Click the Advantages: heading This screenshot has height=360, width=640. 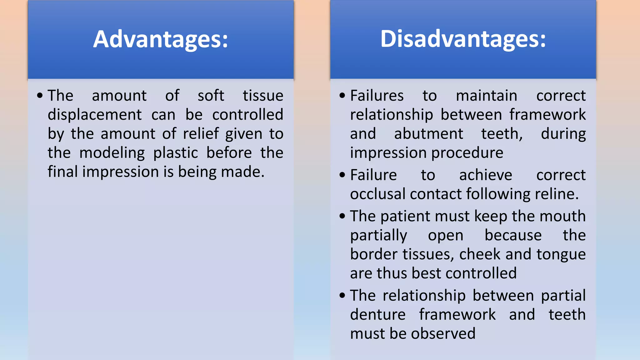click(x=161, y=39)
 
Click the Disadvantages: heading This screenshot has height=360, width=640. click(x=463, y=39)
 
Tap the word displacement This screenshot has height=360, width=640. click(x=95, y=115)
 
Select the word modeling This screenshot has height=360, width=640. click(x=112, y=153)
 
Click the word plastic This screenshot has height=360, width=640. click(x=176, y=153)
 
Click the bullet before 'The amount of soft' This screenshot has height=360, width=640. click(x=40, y=96)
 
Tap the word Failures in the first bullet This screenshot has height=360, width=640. click(x=377, y=95)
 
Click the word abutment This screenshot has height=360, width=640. click(x=428, y=134)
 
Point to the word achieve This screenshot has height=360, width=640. click(x=486, y=175)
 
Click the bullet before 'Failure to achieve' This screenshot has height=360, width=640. click(x=342, y=175)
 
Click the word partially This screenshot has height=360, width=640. click(x=378, y=235)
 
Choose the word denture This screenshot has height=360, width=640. click(x=377, y=314)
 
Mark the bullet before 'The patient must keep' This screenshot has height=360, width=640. click(x=342, y=216)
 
